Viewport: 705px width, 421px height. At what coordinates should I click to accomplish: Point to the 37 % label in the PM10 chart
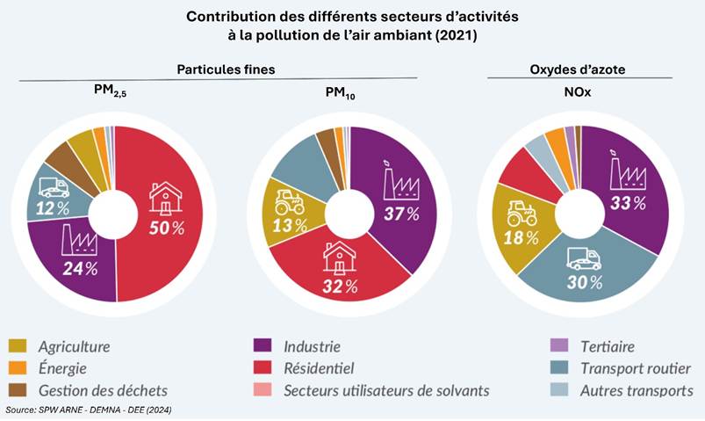(x=400, y=214)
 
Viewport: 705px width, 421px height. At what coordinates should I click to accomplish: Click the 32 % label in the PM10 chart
(x=340, y=286)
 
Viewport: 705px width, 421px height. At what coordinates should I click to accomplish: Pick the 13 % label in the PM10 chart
(x=289, y=225)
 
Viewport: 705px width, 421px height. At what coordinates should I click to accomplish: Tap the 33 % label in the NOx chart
(x=628, y=203)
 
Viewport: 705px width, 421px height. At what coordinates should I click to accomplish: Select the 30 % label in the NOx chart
(x=584, y=282)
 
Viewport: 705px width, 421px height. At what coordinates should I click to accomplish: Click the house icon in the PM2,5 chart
(x=165, y=198)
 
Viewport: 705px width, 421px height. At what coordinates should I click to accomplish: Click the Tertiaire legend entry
(x=607, y=347)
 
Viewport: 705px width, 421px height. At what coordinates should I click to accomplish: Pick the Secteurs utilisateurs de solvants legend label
(x=386, y=390)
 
